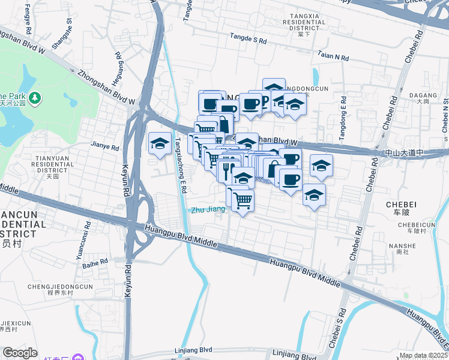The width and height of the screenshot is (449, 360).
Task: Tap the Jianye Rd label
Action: pyautogui.click(x=105, y=145)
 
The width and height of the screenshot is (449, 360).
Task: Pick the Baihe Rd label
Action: pyautogui.click(x=95, y=262)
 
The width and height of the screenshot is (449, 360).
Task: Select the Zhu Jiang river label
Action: pyautogui.click(x=208, y=209)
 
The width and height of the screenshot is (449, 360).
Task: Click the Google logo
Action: pyautogui.click(x=19, y=353)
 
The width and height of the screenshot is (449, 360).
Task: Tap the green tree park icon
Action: pyautogui.click(x=35, y=97)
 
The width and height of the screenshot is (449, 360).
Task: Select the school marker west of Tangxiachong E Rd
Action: pyautogui.click(x=160, y=144)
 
